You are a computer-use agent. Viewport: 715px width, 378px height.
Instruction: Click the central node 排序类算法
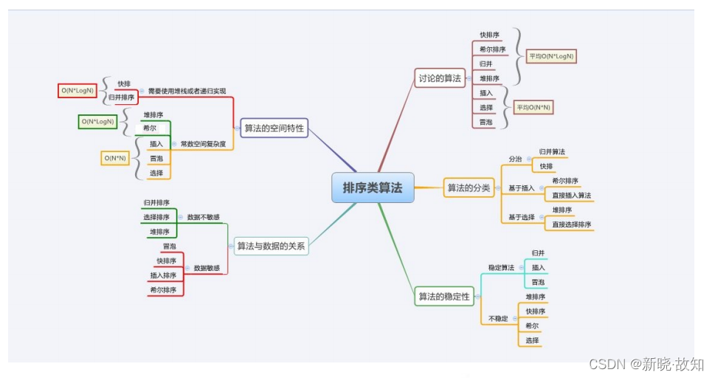tap(373, 188)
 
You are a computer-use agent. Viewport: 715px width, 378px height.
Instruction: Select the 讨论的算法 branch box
tap(440, 78)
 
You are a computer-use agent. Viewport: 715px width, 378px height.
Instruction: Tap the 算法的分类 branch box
tap(469, 188)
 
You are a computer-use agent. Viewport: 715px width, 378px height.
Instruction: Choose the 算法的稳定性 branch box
tap(444, 297)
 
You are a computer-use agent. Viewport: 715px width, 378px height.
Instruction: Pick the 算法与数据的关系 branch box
tap(271, 247)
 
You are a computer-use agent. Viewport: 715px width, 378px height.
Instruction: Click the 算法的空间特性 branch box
tap(274, 128)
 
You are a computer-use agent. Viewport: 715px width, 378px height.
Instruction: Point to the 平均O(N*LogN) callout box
tap(551, 56)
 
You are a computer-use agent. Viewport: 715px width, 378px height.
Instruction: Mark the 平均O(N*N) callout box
tap(533, 108)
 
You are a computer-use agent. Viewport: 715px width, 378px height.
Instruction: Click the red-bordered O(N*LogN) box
tap(77, 91)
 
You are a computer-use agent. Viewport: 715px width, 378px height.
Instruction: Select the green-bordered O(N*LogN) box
tap(98, 121)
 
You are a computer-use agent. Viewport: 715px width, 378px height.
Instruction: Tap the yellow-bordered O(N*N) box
tap(115, 158)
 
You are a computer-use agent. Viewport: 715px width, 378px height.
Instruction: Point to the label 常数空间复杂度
tap(203, 143)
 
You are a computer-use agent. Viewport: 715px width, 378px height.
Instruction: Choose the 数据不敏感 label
tap(203, 217)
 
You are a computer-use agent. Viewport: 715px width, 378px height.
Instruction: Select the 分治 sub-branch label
tap(515, 159)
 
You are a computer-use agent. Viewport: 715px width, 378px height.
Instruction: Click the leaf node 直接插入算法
tap(572, 196)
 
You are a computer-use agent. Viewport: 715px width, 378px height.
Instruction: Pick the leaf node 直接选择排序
tap(572, 224)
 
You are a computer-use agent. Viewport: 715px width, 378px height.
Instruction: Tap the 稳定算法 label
tap(501, 267)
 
